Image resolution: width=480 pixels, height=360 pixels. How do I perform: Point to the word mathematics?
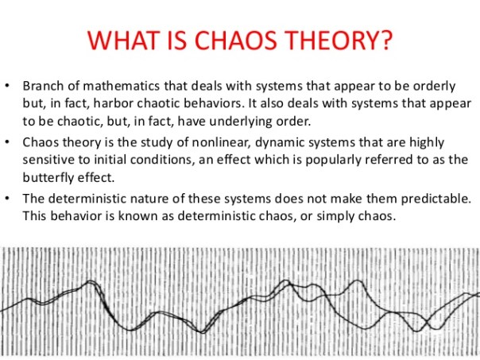(117, 86)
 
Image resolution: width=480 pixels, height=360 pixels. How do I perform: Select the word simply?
(327, 216)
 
